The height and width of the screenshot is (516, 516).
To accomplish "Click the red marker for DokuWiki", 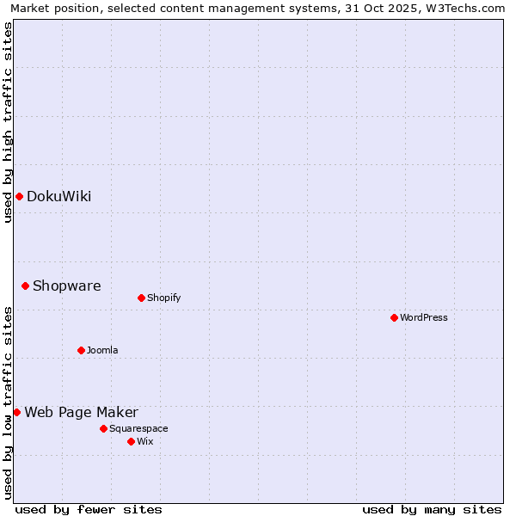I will [x=19, y=197].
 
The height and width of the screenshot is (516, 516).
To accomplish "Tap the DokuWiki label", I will [x=58, y=197].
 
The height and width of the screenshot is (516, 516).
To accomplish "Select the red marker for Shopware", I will [x=25, y=286].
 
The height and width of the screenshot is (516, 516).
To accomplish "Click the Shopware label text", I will [x=66, y=286].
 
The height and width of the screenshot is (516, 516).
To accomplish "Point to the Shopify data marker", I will [x=141, y=298].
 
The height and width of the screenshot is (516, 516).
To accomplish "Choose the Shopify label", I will [x=163, y=298].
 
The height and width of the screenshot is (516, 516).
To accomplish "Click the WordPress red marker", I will [x=394, y=317].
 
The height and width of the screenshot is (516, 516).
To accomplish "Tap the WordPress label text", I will [x=423, y=318].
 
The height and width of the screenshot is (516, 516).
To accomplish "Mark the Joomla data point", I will [x=81, y=350].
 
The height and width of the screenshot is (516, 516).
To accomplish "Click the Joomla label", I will [x=101, y=351].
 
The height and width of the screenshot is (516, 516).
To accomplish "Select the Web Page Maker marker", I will [x=16, y=412].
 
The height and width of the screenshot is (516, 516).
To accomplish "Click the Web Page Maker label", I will [x=81, y=413].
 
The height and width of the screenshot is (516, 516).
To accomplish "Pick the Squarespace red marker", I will [x=103, y=428].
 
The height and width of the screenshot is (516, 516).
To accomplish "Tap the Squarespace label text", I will [x=138, y=429].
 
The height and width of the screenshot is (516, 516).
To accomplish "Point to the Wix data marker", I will [x=131, y=441].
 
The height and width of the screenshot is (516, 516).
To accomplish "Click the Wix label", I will [x=144, y=442].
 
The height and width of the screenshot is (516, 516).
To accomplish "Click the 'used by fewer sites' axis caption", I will [x=89, y=509].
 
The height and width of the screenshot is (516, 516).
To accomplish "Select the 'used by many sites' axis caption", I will [x=432, y=509].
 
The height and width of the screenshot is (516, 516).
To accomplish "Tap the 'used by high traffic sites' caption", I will [x=9, y=122].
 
